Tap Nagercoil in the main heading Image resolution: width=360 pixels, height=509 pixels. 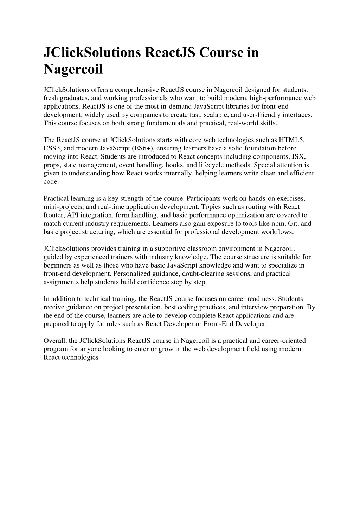[x=73, y=69]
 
